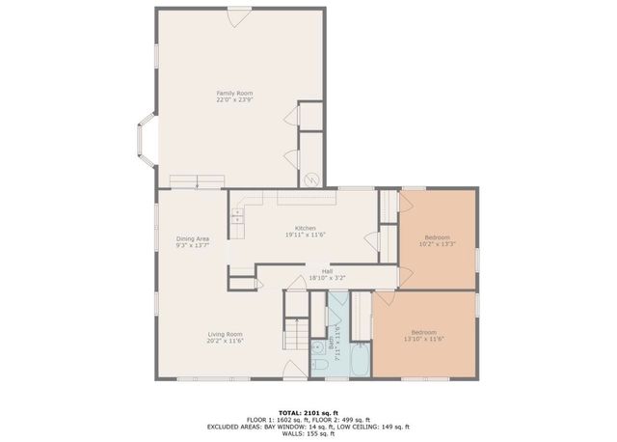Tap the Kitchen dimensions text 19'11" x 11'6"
tap(299, 235)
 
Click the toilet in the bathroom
tap(319, 367)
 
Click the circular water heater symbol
tap(311, 180)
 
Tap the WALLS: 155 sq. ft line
tap(308, 433)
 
